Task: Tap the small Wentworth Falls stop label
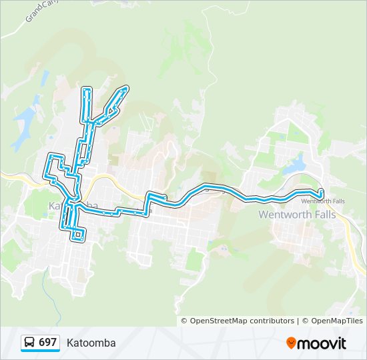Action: [323, 201]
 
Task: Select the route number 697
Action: [47, 342]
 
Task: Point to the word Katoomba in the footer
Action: [91, 343]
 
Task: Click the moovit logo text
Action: [322, 343]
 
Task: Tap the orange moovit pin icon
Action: [291, 343]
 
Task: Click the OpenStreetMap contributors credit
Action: [242, 321]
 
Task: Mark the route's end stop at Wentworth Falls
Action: [321, 193]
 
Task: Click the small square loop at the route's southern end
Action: [78, 234]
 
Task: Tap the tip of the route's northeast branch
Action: [125, 88]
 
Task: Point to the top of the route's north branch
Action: [87, 89]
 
